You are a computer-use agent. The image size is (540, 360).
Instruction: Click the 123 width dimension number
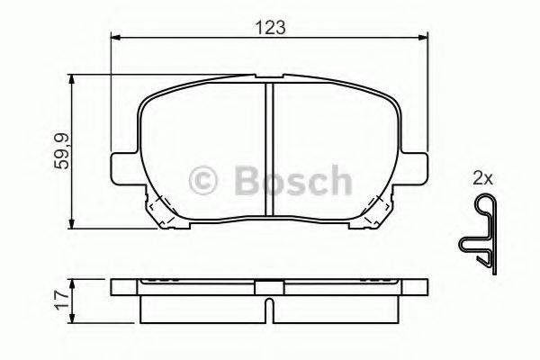[x=269, y=27]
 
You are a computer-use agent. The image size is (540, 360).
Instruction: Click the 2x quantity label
[x=482, y=179]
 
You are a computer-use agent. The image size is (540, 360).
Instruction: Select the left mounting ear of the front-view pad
[x=121, y=168]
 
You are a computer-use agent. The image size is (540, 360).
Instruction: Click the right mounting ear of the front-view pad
[x=416, y=168]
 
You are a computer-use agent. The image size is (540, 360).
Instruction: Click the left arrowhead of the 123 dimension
[x=115, y=38]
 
